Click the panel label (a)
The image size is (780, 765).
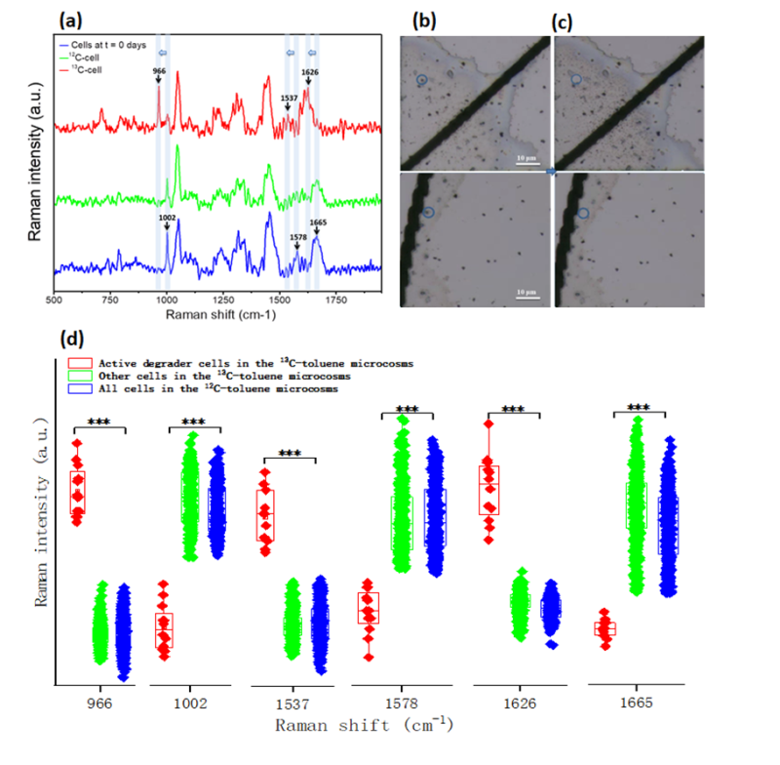pyautogui.click(x=73, y=19)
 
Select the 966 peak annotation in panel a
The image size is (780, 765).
pyautogui.click(x=158, y=70)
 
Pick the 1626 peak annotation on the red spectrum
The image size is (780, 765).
pyautogui.click(x=310, y=71)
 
